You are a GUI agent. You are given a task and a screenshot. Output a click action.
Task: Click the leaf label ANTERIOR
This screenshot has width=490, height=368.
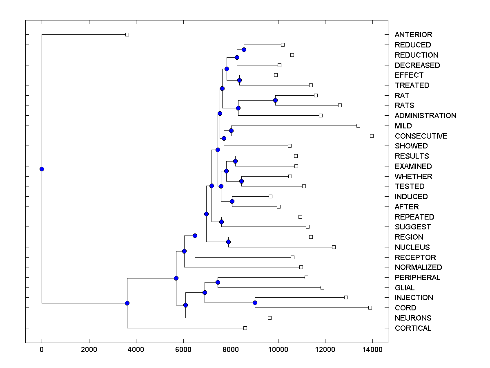point(413,35)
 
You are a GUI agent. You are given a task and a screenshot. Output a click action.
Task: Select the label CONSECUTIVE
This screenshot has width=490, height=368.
point(421,136)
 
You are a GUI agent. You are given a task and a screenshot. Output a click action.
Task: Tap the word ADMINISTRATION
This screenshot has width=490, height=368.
point(425,116)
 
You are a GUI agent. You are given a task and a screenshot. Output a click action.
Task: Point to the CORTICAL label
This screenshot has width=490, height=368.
point(413,328)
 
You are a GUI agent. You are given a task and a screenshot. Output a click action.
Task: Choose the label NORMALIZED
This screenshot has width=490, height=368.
point(418,267)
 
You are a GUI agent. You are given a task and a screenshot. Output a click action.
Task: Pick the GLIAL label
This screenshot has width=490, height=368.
point(404,288)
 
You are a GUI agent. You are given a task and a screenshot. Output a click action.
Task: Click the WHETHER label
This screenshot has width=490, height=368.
point(413,177)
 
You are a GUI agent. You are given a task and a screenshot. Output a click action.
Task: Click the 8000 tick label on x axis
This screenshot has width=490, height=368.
point(231,350)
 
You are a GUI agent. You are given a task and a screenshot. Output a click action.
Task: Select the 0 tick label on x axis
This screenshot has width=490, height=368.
point(42,350)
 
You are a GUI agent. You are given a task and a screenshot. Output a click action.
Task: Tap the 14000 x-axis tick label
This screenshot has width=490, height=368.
point(372,350)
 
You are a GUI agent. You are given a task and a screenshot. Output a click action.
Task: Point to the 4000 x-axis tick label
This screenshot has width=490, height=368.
point(136,350)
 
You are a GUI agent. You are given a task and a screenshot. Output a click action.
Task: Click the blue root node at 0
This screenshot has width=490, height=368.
point(42,169)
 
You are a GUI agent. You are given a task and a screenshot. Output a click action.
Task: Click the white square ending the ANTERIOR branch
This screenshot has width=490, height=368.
point(127,34)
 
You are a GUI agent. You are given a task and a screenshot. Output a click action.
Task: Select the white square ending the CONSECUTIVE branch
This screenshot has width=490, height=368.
point(372,136)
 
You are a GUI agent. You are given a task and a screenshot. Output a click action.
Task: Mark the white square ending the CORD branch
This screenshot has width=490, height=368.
point(370,307)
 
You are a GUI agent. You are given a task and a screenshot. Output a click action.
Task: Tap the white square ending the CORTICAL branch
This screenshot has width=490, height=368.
point(245,328)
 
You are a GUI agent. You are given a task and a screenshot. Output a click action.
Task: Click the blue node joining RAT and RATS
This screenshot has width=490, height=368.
point(275,100)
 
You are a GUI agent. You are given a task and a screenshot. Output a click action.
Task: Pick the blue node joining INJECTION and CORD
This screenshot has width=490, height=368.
point(255,303)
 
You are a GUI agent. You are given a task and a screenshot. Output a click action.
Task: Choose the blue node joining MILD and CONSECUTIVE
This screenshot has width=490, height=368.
point(231,130)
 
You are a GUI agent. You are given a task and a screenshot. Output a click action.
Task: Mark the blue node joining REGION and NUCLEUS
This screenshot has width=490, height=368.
point(228,242)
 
